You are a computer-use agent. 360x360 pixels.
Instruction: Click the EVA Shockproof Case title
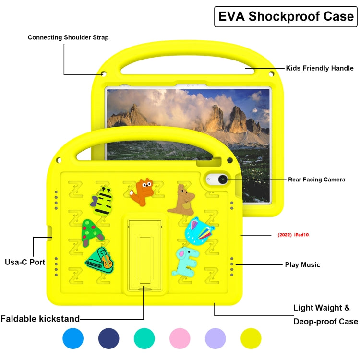[x=286, y=17]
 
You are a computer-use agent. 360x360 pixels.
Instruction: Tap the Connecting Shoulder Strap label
[x=68, y=37]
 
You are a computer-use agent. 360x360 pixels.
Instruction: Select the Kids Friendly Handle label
[x=320, y=68]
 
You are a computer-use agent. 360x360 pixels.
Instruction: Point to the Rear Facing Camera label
[x=316, y=180]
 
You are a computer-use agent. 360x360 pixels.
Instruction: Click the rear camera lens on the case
[x=223, y=180]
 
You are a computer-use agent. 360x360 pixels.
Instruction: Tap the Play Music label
[x=302, y=264]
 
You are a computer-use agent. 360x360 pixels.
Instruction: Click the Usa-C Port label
[x=25, y=262]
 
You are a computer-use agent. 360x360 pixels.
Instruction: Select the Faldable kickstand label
[x=40, y=318]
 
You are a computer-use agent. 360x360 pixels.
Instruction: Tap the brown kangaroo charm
[x=181, y=200]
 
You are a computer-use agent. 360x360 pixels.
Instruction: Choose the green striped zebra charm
[x=103, y=201]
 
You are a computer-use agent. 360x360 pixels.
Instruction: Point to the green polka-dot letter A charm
[x=92, y=232]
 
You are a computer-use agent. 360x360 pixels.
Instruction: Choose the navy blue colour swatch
[x=108, y=339]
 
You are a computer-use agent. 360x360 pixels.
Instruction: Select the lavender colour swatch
[x=215, y=339]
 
